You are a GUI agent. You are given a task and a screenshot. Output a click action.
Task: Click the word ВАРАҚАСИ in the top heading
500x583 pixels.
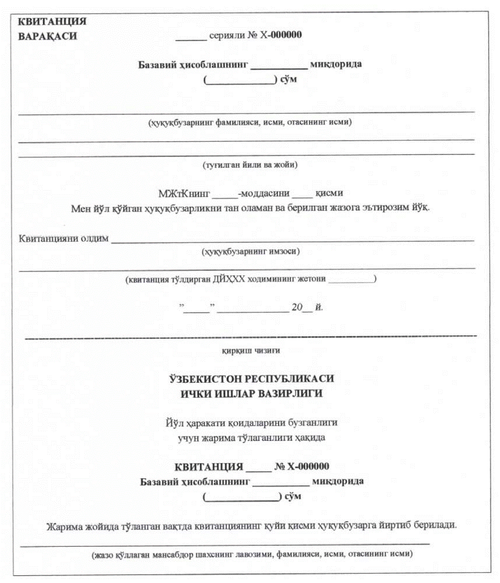(x=47, y=37)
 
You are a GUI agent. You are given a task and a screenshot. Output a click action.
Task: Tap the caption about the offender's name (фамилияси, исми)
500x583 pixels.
(x=249, y=122)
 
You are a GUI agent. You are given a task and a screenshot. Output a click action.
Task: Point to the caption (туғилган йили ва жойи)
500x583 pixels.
(x=249, y=164)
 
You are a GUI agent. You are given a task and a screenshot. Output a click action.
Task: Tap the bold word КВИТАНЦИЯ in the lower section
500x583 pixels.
(x=208, y=467)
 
